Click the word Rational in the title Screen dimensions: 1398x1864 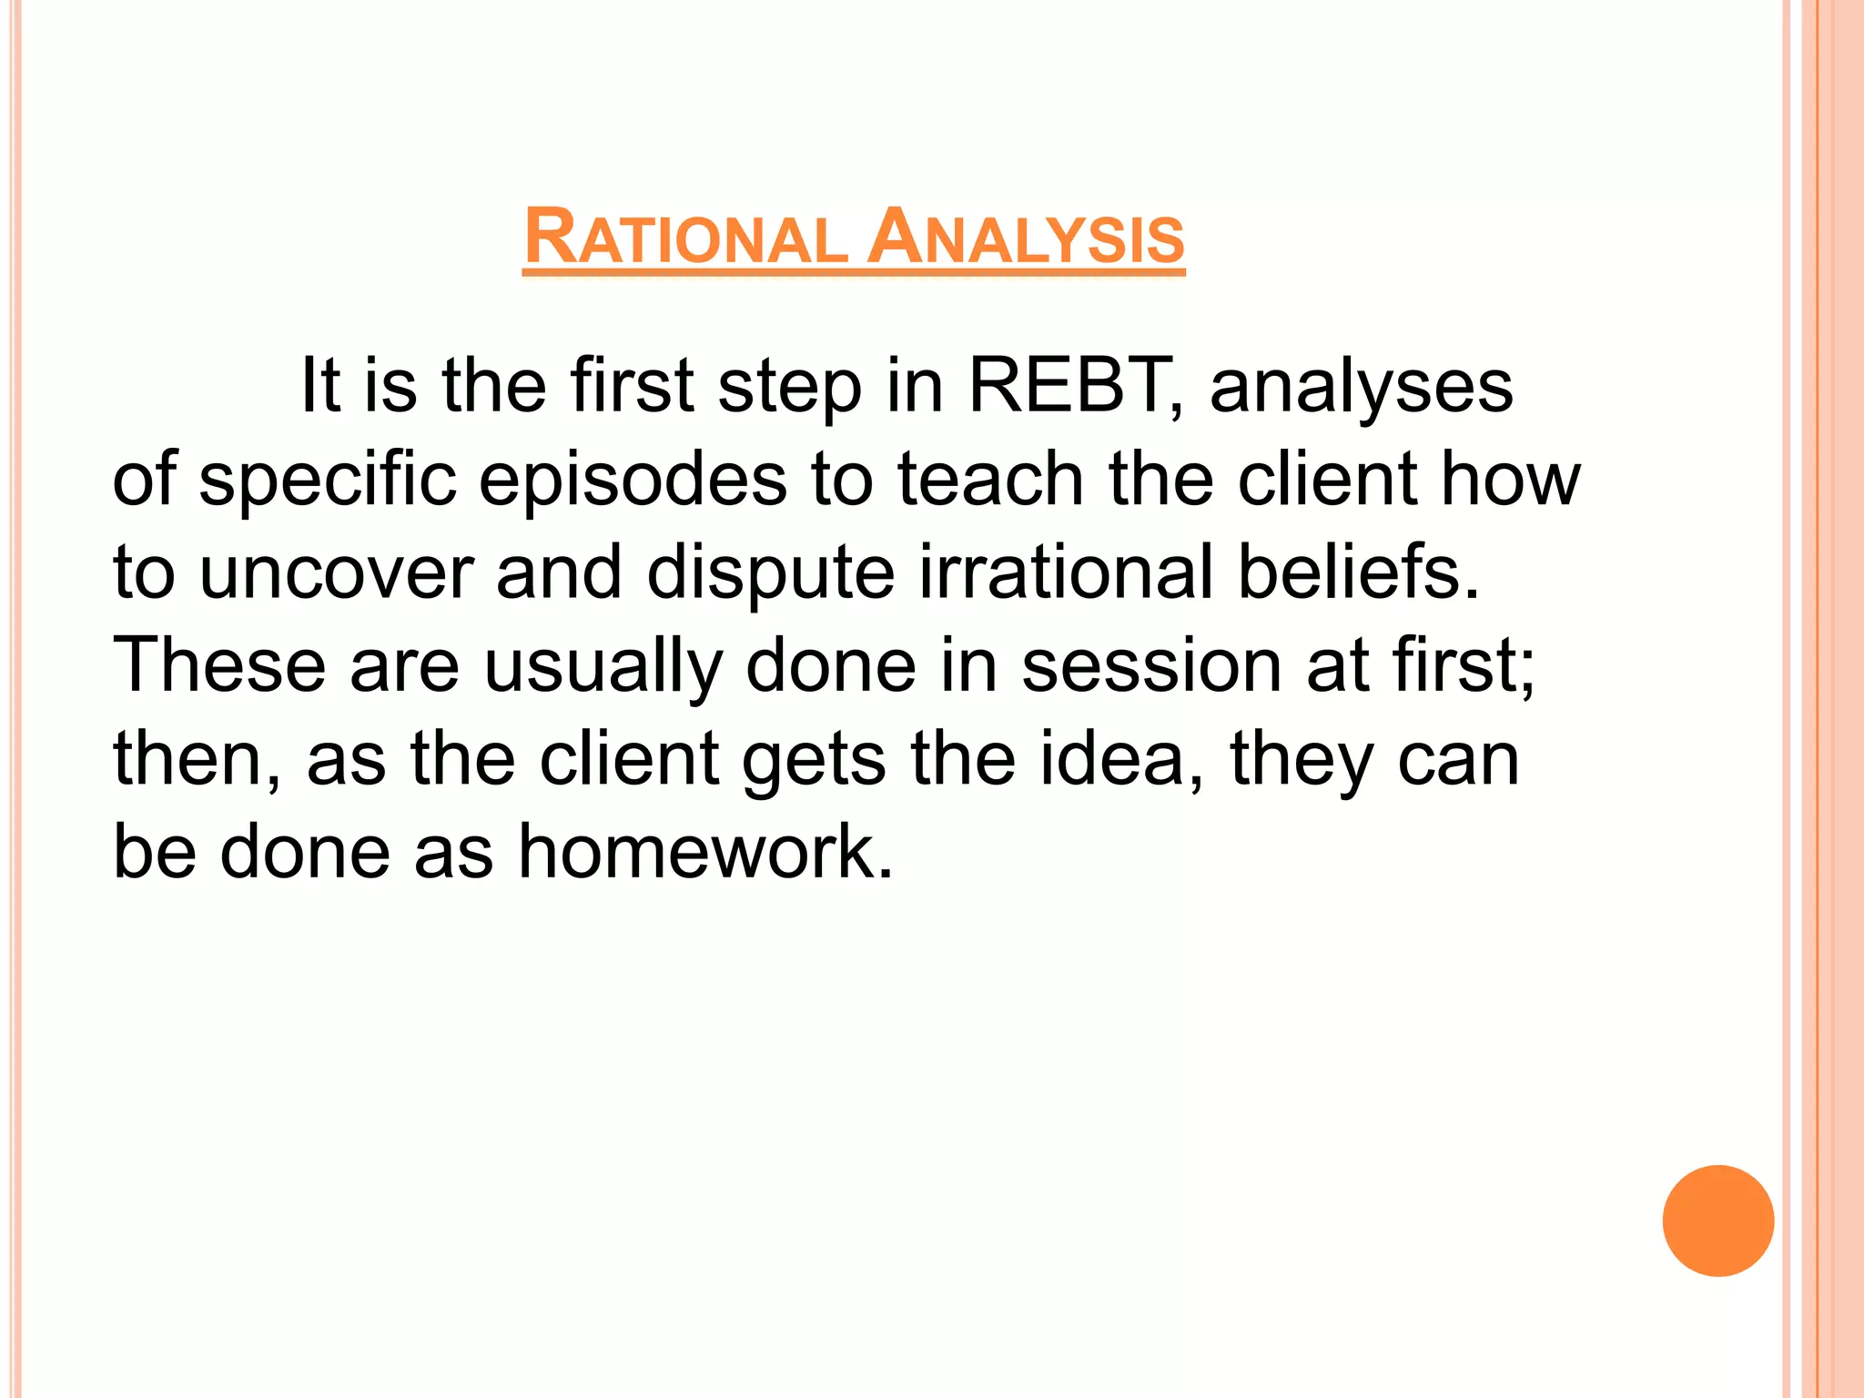tap(684, 238)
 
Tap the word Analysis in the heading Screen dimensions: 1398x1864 tap(1025, 238)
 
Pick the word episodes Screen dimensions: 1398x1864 tap(633, 481)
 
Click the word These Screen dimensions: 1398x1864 tap(218, 665)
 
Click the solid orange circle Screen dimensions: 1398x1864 tap(1717, 1221)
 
